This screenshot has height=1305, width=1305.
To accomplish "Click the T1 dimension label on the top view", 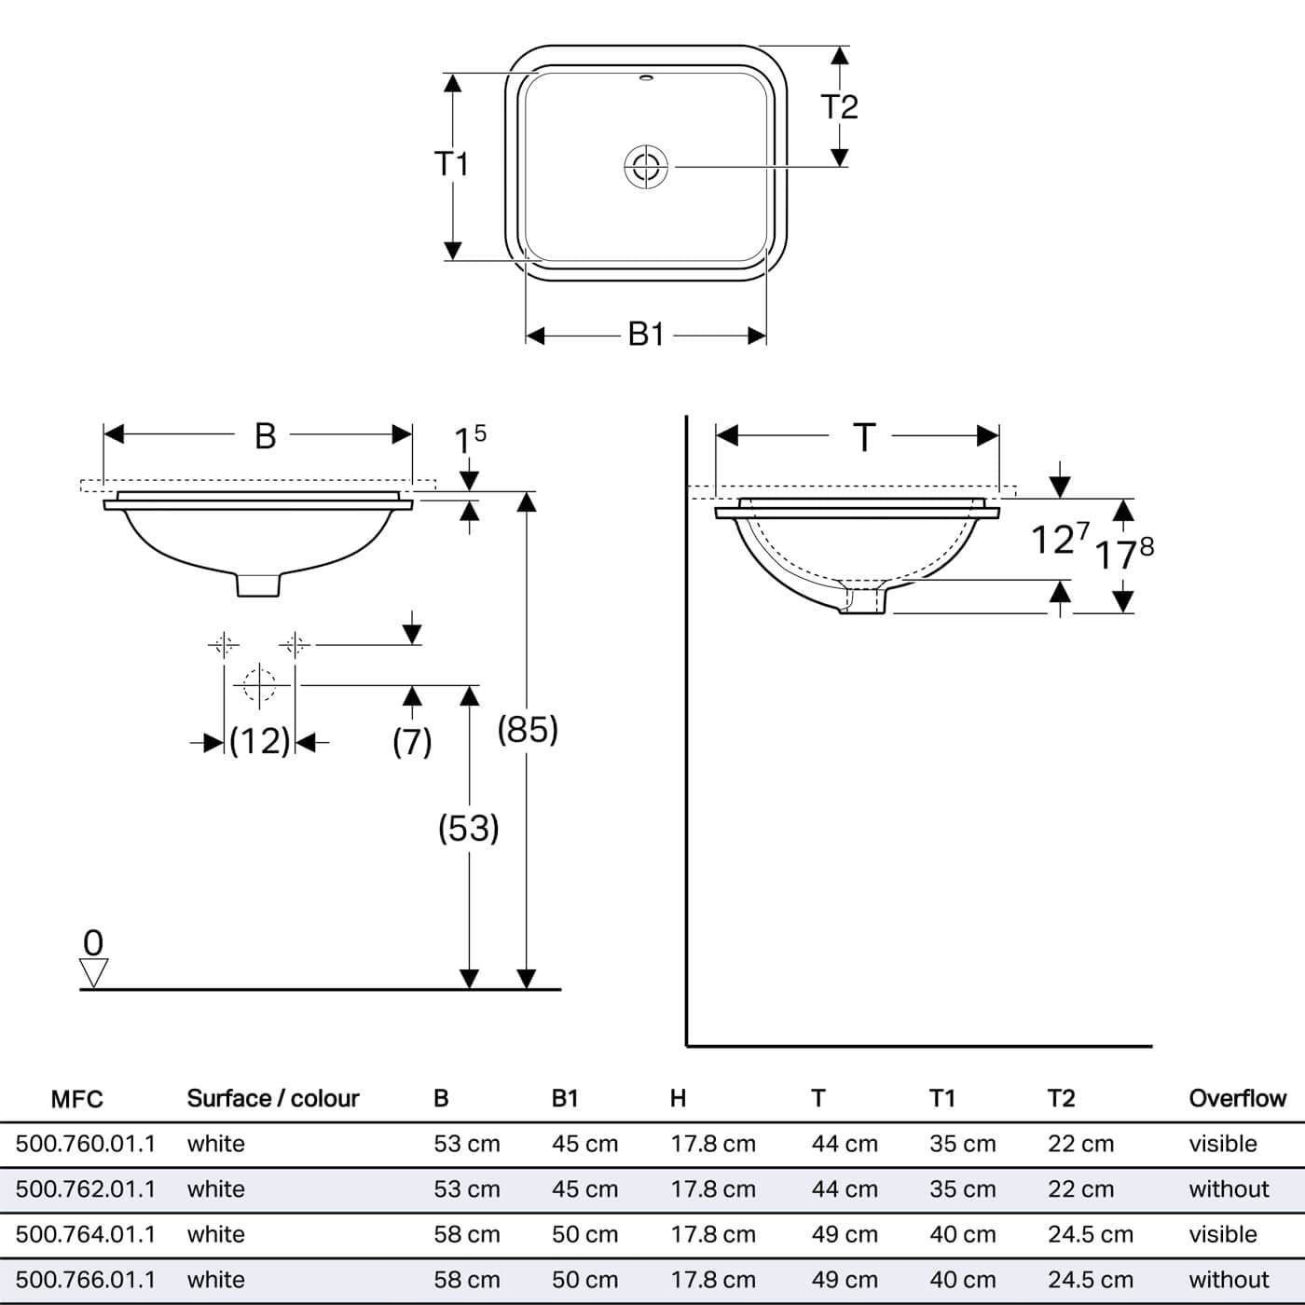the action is [x=451, y=164].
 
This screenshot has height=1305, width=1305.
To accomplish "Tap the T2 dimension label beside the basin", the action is [x=839, y=106].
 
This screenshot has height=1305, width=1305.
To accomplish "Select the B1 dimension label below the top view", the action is [x=646, y=334].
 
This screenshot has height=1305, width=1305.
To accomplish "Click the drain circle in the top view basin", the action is [x=646, y=167].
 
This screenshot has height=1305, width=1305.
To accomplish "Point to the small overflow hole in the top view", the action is [x=647, y=78].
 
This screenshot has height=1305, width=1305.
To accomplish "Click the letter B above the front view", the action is [x=266, y=436].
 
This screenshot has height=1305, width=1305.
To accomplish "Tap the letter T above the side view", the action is [x=864, y=437].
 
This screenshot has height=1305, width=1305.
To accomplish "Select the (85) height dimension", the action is [x=528, y=729].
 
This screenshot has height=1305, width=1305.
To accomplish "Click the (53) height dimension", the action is [x=469, y=828].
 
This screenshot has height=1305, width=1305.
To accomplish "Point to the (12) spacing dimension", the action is [x=259, y=741].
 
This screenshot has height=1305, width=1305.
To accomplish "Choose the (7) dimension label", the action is [x=412, y=742].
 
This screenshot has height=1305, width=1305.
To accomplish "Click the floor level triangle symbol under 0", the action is [x=93, y=972].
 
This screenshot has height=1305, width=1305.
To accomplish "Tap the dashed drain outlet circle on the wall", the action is [x=259, y=685].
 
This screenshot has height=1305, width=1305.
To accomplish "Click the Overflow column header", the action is [x=1237, y=1098].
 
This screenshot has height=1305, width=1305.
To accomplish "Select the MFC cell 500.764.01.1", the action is [x=86, y=1234].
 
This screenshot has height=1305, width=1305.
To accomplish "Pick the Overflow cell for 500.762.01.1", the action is [x=1229, y=1189].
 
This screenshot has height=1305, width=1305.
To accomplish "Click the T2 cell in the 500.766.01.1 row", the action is [x=1091, y=1280].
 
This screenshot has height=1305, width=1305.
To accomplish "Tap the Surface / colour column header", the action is [x=273, y=1098].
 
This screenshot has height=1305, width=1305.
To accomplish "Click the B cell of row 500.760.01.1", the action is [x=467, y=1144].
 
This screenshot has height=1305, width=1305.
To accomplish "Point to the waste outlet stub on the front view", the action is [x=258, y=584].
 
